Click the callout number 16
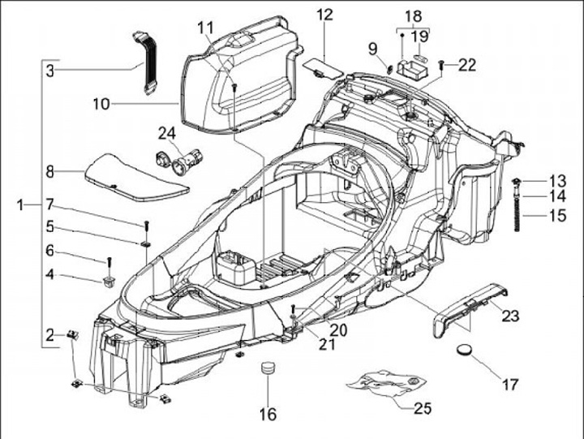pos(268,415)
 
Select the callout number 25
pos(423,408)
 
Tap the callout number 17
pos(510,384)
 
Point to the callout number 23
pos(510,316)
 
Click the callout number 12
pos(324,15)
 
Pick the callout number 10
pos(101,104)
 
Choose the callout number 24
pos(167,133)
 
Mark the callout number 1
pos(21,204)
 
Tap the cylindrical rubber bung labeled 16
pos(268,367)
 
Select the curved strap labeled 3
pos(144,63)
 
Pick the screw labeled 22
pos(441,66)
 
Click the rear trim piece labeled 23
pos(470,308)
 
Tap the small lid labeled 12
pos(323,68)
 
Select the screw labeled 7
pos(146,226)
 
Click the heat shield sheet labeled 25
pos(385,381)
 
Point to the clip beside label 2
pos(72,334)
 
